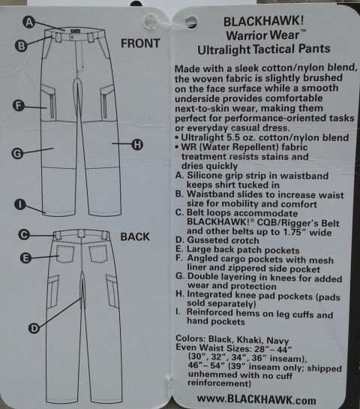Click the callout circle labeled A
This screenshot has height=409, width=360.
(x=29, y=23)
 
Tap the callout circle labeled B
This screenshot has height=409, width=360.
(x=21, y=46)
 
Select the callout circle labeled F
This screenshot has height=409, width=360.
(x=19, y=106)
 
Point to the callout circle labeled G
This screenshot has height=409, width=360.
(x=17, y=153)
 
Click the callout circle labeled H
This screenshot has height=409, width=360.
(x=136, y=145)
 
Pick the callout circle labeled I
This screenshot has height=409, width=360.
(x=20, y=204)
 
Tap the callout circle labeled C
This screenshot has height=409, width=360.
(x=24, y=234)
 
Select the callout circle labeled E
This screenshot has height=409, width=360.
(x=25, y=258)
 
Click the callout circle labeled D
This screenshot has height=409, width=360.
(x=34, y=329)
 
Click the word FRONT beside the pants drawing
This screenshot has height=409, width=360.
(x=140, y=44)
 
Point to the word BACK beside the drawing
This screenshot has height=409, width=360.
(x=135, y=236)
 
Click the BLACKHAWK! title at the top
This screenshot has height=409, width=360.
(x=263, y=21)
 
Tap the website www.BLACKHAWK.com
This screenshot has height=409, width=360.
(x=256, y=399)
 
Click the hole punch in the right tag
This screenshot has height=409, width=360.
(x=191, y=22)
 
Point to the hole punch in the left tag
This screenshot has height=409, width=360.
(x=151, y=21)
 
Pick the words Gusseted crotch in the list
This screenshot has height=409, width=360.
(x=223, y=240)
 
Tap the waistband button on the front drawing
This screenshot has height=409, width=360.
(x=72, y=38)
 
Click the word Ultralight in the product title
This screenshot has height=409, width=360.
(x=223, y=50)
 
